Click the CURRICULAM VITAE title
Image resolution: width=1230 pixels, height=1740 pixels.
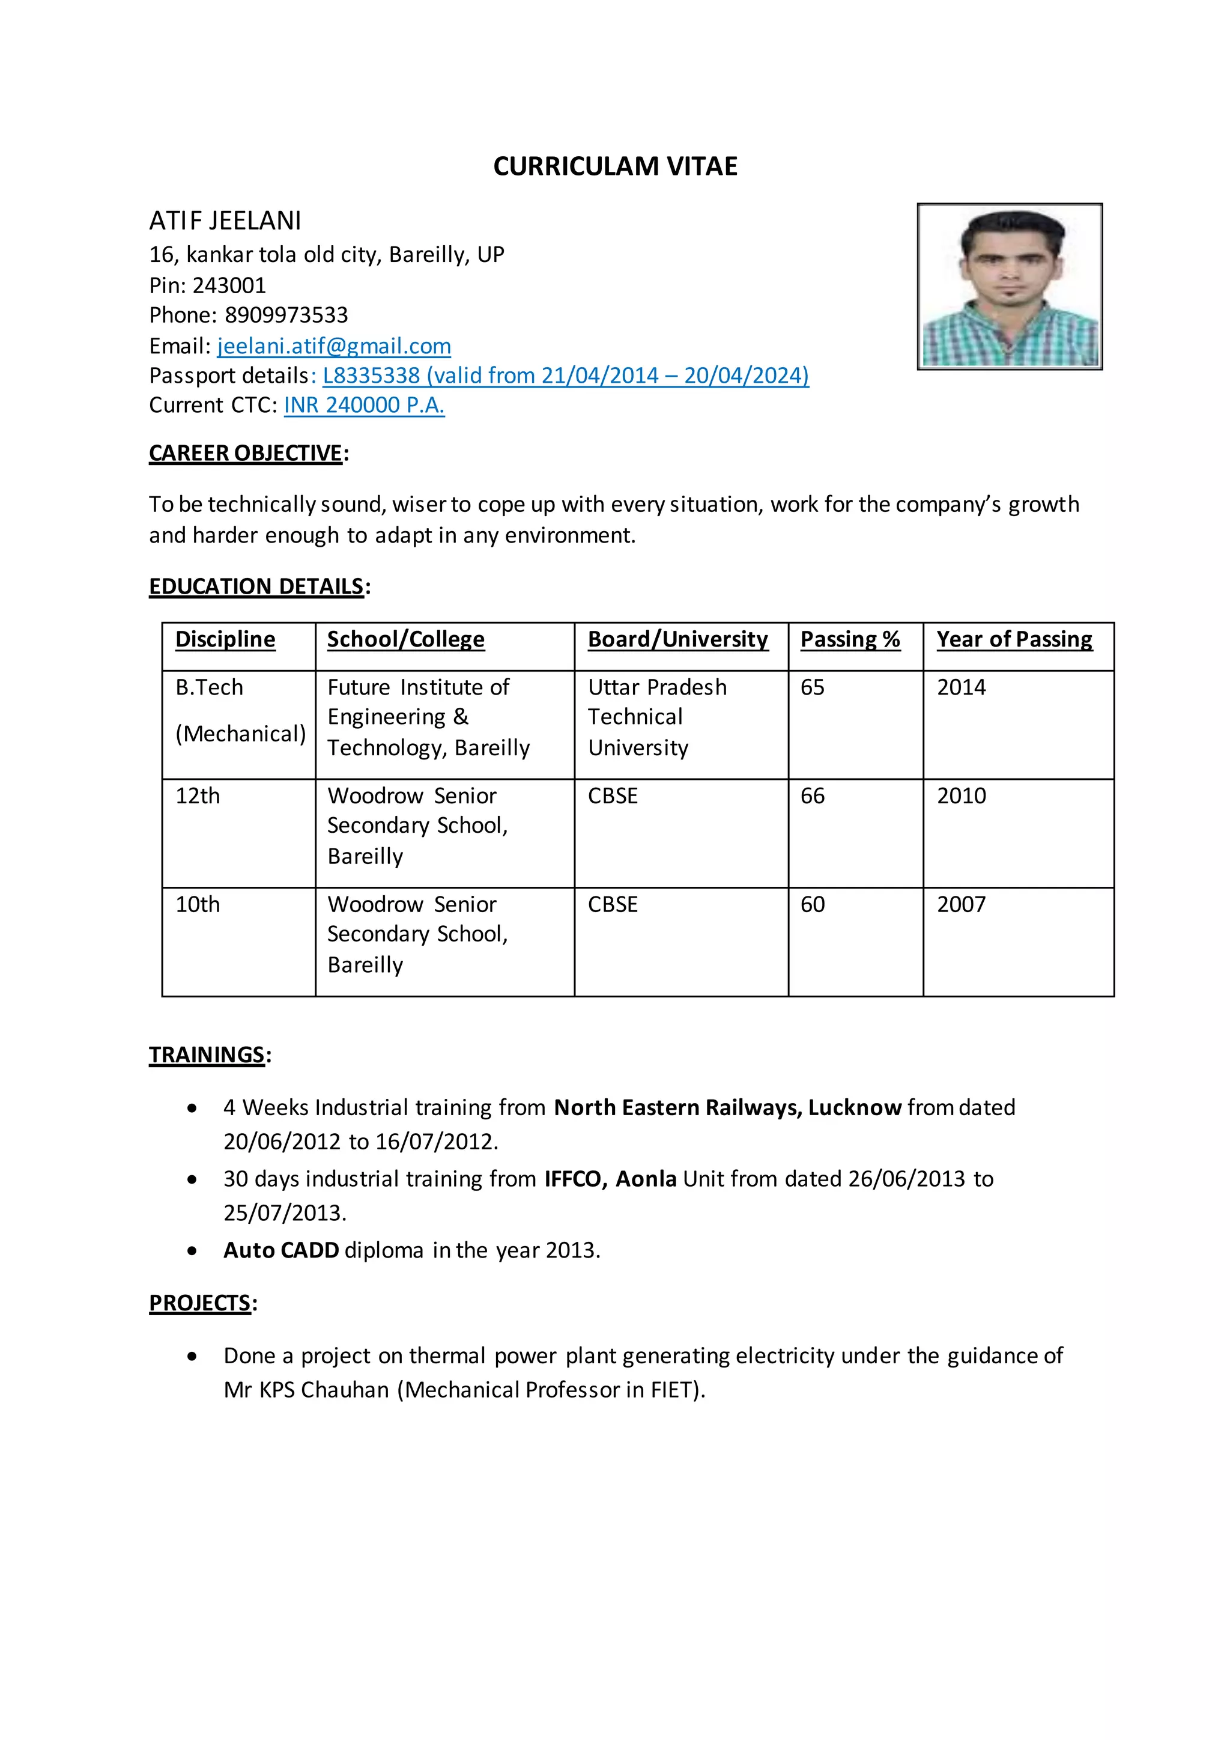click(x=615, y=166)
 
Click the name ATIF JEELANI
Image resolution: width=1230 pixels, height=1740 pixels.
click(x=225, y=221)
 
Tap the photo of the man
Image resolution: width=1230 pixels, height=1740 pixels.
click(x=1010, y=287)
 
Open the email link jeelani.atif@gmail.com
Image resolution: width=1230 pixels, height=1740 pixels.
click(x=334, y=346)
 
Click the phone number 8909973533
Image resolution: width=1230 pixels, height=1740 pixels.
click(x=286, y=315)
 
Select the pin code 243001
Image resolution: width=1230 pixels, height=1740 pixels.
click(x=229, y=286)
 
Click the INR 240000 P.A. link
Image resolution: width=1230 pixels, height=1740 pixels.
click(x=365, y=406)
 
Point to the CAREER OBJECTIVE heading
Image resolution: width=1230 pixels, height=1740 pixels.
click(x=246, y=453)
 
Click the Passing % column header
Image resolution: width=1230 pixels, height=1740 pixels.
click(x=850, y=640)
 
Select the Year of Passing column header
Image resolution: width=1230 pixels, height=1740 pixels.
click(x=1014, y=640)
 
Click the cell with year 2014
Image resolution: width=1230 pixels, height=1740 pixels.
click(x=961, y=687)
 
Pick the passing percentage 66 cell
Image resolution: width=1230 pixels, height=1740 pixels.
click(x=813, y=795)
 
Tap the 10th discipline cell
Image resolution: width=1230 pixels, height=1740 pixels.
click(x=198, y=905)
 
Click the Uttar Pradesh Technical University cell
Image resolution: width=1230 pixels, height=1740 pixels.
click(x=656, y=717)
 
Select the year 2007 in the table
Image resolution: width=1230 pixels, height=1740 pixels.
click(x=961, y=905)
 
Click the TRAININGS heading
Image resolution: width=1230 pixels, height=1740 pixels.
click(x=207, y=1055)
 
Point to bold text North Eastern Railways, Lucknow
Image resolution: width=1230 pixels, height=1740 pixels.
click(x=727, y=1108)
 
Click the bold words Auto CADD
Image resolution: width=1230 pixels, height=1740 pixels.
click(x=281, y=1250)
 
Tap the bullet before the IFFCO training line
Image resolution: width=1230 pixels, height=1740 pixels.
click(x=192, y=1180)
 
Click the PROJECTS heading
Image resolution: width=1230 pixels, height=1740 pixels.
click(x=200, y=1303)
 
